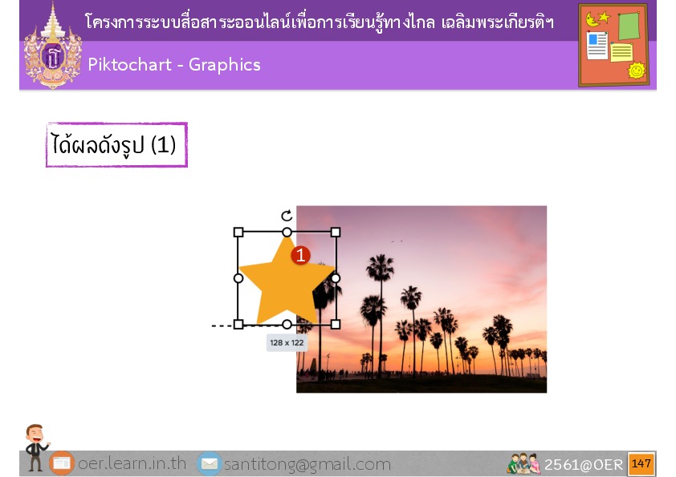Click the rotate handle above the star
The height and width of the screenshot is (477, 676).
click(x=287, y=216)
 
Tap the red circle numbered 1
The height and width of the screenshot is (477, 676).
click(x=300, y=255)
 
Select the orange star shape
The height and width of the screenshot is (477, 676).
click(x=287, y=280)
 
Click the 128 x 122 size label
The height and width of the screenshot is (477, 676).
click(x=287, y=343)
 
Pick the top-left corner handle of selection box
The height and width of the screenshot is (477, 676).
click(x=238, y=232)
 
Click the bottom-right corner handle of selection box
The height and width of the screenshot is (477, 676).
click(x=336, y=324)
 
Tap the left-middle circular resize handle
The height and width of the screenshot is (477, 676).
click(x=238, y=278)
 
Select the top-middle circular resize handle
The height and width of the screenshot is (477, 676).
click(x=287, y=232)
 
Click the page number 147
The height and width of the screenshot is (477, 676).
click(x=641, y=463)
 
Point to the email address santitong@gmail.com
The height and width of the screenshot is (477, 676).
click(x=307, y=464)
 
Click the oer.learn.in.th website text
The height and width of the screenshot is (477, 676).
click(x=132, y=463)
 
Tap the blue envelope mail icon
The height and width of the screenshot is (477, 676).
click(x=210, y=463)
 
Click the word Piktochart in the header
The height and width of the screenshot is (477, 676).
click(x=130, y=65)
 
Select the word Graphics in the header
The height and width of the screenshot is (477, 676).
click(x=225, y=65)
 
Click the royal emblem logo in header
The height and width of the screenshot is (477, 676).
click(x=53, y=46)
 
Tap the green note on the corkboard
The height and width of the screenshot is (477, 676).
click(x=629, y=26)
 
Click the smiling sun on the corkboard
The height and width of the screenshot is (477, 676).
click(x=637, y=71)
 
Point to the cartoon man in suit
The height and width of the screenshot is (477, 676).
click(x=36, y=447)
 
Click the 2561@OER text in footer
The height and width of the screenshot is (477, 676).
click(x=584, y=464)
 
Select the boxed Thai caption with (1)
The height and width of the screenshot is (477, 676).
click(x=117, y=144)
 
